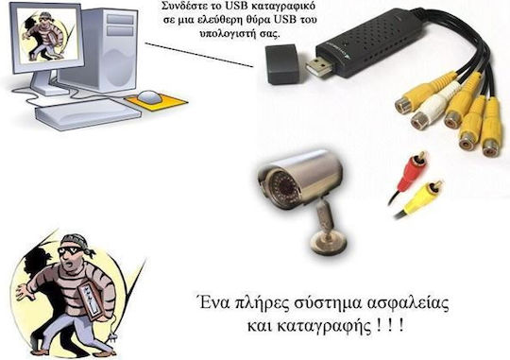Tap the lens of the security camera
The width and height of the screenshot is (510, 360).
click(x=276, y=179)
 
